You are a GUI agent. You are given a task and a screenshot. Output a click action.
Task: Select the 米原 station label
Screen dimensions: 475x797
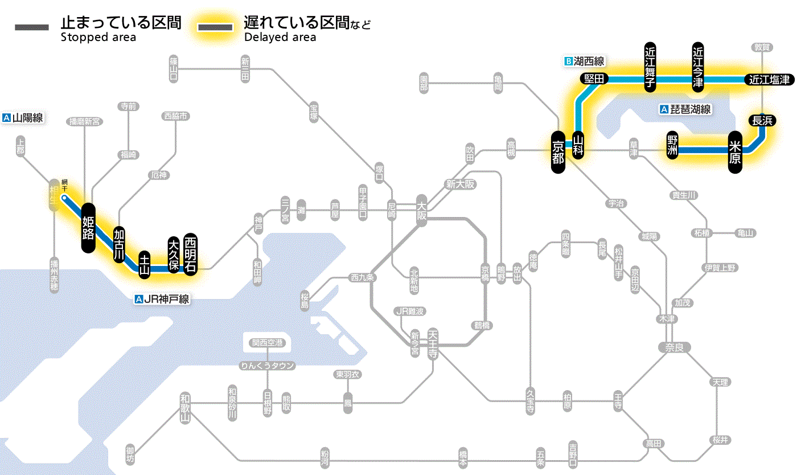(735, 151)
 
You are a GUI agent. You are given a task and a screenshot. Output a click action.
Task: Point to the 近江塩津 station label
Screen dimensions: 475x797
(769, 80)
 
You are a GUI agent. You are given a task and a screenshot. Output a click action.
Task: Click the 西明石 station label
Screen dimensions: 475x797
(190, 255)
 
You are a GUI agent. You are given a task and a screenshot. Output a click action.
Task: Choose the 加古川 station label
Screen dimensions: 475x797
(119, 244)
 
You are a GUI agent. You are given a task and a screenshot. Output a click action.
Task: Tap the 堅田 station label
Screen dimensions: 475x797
(594, 79)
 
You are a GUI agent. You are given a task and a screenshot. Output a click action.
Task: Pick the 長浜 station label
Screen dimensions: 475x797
(762, 120)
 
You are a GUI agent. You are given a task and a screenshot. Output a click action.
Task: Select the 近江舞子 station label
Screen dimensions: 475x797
(650, 67)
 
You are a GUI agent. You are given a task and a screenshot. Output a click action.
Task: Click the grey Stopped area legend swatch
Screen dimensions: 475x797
(32, 27)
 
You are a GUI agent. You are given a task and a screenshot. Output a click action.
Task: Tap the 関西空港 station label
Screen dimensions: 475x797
(268, 343)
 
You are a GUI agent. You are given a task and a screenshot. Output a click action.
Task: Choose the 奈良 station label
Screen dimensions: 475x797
(673, 347)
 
